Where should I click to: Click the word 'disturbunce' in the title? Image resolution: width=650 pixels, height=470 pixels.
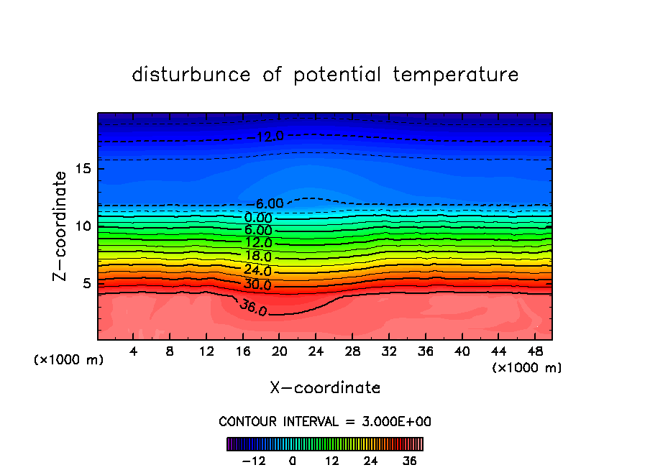[191, 75]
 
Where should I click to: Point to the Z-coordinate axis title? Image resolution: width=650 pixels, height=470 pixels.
[62, 226]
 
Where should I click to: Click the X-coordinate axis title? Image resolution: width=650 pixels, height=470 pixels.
[325, 388]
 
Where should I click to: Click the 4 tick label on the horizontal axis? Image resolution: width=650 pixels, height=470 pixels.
[133, 351]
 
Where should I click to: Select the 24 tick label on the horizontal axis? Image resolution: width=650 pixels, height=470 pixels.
[316, 351]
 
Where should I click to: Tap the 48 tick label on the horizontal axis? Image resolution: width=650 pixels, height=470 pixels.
[535, 351]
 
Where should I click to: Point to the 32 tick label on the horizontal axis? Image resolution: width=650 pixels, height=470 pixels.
[389, 351]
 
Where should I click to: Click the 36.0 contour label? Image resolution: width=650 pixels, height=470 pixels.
[253, 309]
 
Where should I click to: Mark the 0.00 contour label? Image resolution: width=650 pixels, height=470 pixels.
[258, 218]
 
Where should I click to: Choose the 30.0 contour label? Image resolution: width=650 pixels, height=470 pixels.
[257, 285]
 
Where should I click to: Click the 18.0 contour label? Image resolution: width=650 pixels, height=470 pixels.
[257, 257]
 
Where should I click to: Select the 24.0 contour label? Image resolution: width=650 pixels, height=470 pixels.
[257, 271]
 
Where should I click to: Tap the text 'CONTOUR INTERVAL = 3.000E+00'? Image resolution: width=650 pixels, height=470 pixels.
[325, 422]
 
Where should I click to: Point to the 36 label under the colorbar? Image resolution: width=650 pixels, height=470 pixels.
[409, 461]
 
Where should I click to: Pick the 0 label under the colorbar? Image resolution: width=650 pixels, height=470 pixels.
[293, 461]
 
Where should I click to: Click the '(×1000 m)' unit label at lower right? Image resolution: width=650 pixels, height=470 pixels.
[527, 368]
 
